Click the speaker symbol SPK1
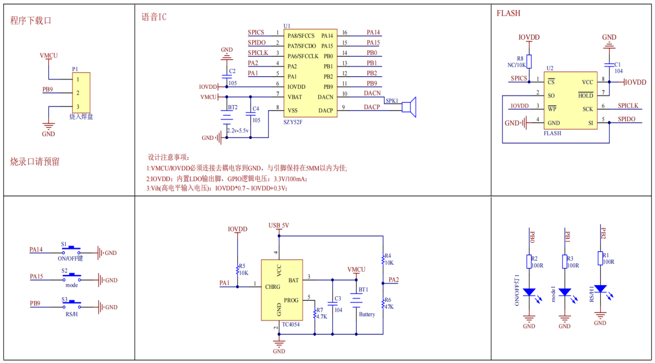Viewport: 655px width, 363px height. click(x=410, y=107)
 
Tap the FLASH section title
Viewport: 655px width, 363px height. click(x=508, y=13)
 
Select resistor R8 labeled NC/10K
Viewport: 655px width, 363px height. click(x=529, y=62)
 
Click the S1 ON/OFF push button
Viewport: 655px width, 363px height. click(x=71, y=248)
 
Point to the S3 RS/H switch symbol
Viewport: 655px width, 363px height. click(x=71, y=302)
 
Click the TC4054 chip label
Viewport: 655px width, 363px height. click(x=290, y=324)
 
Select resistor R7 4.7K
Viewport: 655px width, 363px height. click(x=314, y=313)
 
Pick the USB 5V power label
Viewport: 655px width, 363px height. click(x=278, y=226)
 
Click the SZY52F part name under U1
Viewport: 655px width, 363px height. click(x=294, y=122)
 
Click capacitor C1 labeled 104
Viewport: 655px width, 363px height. click(x=609, y=64)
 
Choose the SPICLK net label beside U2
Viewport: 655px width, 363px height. click(x=628, y=106)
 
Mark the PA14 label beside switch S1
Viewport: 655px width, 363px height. click(x=36, y=249)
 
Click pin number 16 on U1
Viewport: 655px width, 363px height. click(x=345, y=33)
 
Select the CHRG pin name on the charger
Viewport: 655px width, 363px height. click(x=272, y=286)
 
